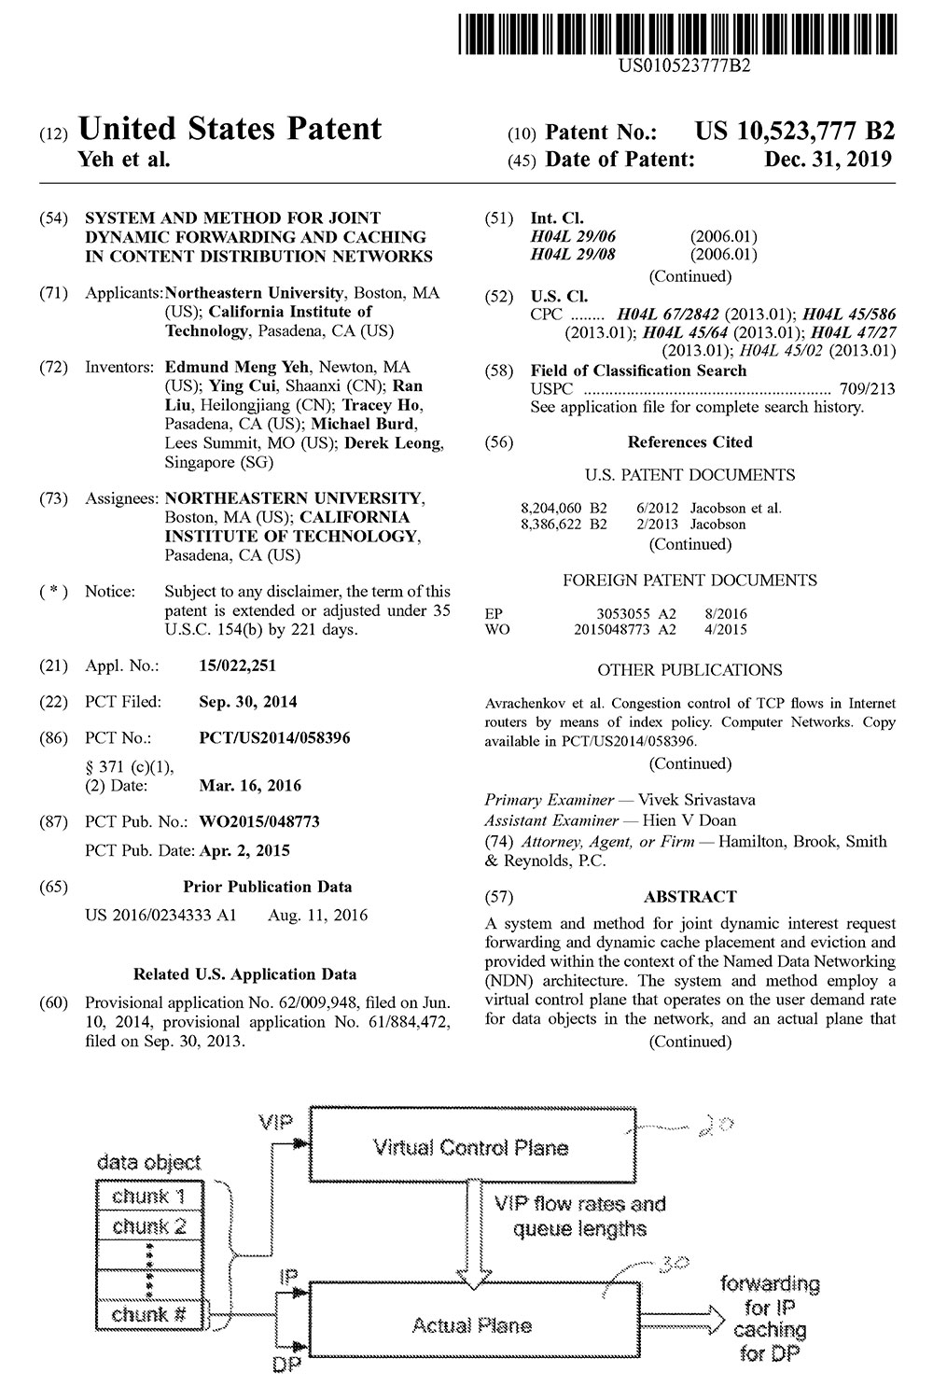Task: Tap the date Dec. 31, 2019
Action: (829, 160)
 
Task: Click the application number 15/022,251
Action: (238, 665)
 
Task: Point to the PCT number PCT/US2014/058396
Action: (275, 738)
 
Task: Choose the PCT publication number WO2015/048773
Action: (259, 822)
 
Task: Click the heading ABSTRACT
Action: (689, 897)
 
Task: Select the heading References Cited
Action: (689, 442)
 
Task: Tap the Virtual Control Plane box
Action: (470, 1147)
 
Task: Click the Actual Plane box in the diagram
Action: (470, 1325)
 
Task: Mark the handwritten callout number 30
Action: (673, 1264)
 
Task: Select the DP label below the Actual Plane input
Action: (285, 1365)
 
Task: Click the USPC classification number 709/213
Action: (870, 389)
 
